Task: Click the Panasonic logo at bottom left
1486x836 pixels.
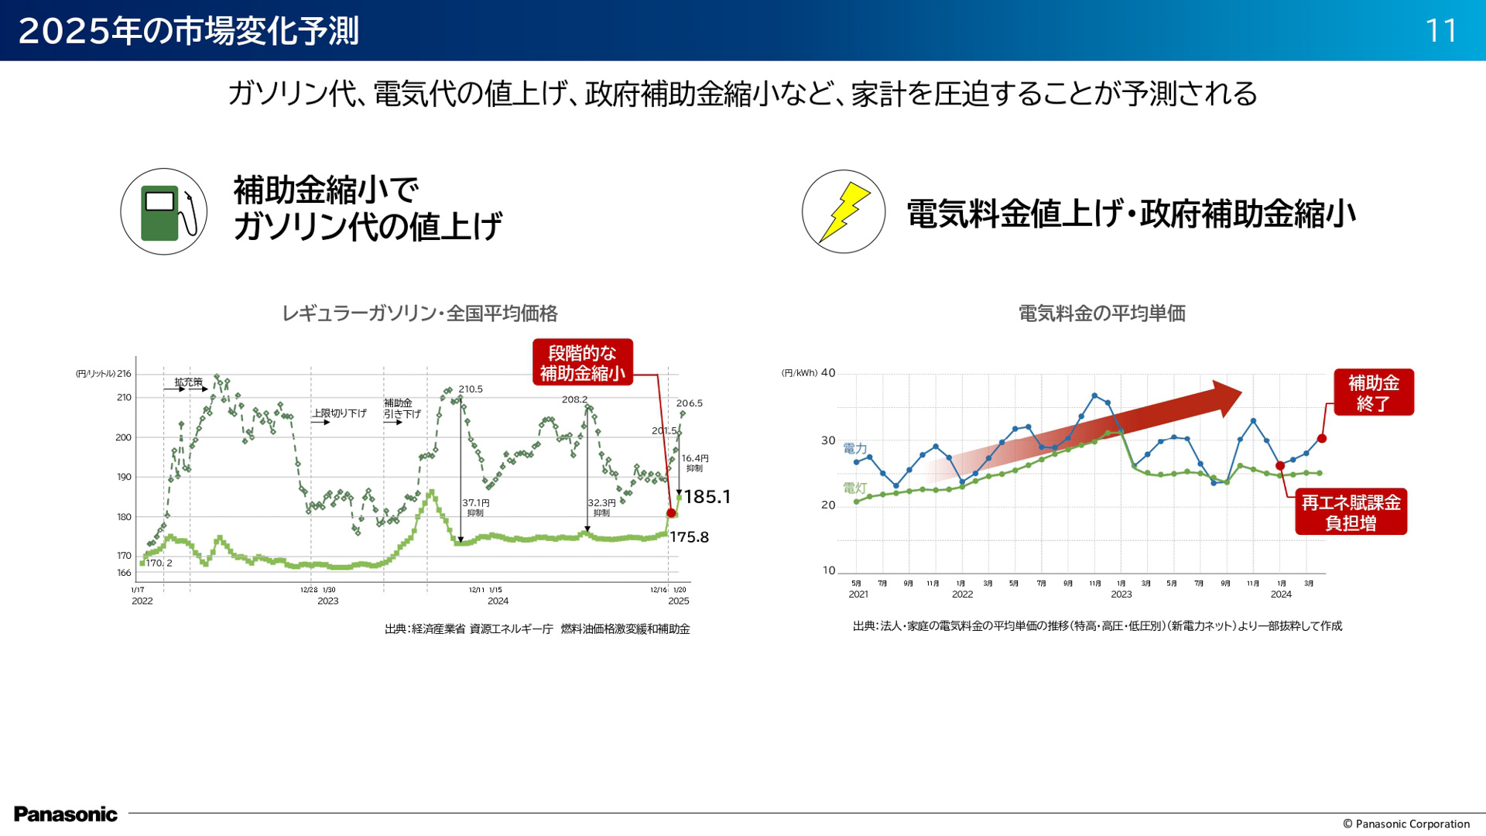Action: [66, 814]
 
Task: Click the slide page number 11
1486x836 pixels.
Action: [1441, 31]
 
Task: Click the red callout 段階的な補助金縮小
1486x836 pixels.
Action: [582, 362]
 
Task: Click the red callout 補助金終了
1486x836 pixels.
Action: [1373, 392]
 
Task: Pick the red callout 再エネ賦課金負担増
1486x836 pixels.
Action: [1351, 512]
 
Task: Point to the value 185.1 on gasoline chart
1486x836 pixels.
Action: [707, 497]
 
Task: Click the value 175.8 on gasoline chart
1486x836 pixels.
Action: [689, 537]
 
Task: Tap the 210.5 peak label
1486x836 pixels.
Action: [471, 389]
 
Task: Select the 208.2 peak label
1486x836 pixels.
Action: [574, 399]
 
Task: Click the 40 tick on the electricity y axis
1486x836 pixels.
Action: [828, 373]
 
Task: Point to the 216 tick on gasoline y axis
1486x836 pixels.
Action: [124, 374]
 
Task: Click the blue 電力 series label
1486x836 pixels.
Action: [854, 449]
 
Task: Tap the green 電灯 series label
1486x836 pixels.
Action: [854, 488]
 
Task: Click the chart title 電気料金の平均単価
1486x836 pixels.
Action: [1101, 313]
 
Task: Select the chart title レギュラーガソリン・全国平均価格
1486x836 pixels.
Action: [419, 313]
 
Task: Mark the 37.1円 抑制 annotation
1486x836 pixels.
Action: [475, 507]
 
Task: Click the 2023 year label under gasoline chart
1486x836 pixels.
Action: [327, 601]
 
